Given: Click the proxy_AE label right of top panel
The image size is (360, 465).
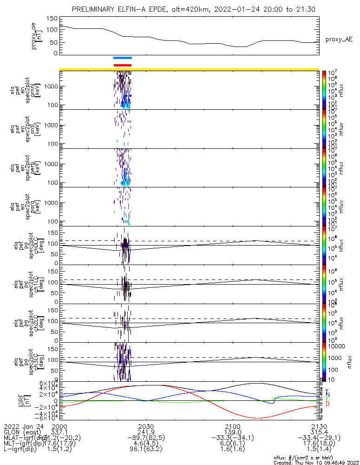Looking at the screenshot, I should (338, 40).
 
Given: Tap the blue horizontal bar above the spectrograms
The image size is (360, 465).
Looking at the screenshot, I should (123, 58).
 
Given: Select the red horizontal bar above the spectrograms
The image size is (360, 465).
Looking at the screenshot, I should (123, 65).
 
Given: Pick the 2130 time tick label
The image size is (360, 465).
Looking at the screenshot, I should (319, 426).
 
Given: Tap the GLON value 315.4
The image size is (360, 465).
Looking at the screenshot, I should (319, 432).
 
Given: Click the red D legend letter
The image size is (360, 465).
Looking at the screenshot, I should (327, 404).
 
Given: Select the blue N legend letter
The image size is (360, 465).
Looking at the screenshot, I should (327, 395).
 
